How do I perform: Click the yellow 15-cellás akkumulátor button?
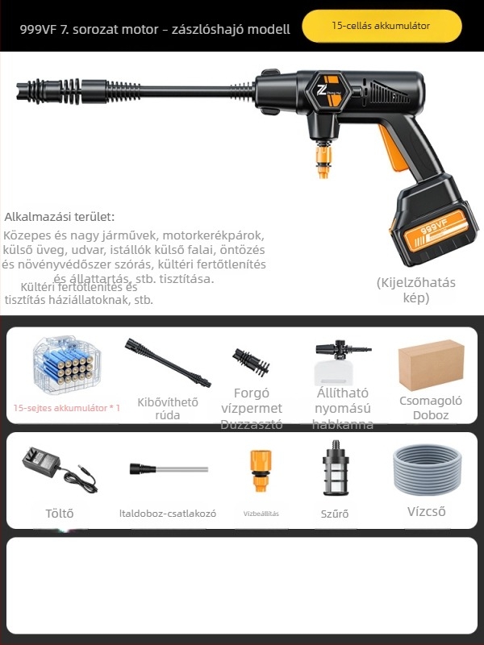click(x=381, y=26)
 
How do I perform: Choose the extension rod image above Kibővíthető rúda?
click(x=168, y=363)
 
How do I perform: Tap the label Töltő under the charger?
click(x=60, y=513)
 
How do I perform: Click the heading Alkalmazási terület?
click(x=60, y=217)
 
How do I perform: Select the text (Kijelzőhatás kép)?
click(x=416, y=290)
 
